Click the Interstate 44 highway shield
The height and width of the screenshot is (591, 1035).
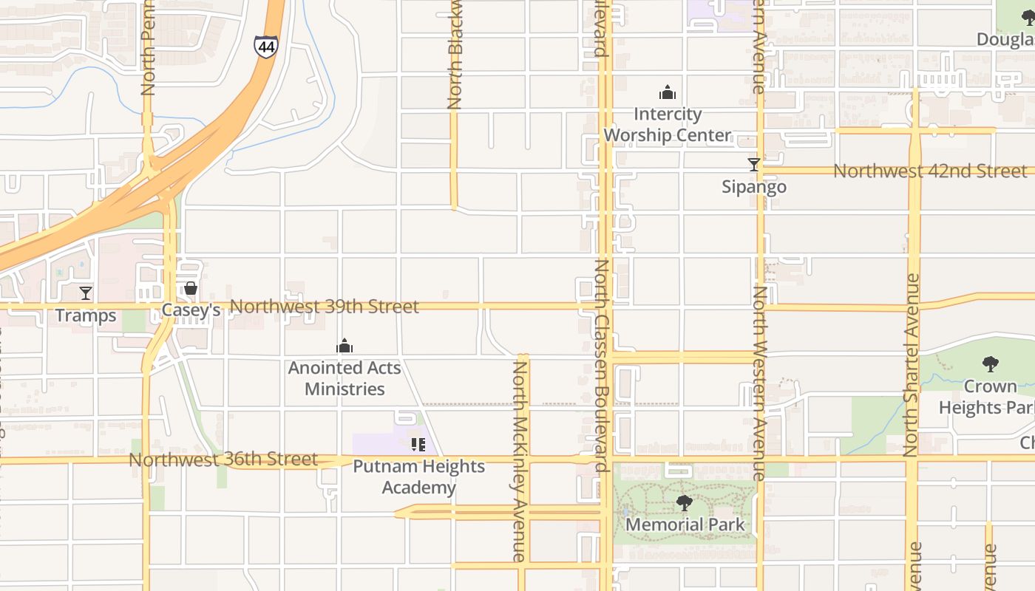tap(265, 47)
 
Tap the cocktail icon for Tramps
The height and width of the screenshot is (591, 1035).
tap(86, 293)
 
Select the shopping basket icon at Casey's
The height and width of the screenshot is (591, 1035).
tap(191, 288)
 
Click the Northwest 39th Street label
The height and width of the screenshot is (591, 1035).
tap(325, 307)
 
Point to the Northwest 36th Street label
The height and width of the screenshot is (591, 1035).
tap(223, 460)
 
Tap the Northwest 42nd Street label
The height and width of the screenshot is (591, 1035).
tap(930, 171)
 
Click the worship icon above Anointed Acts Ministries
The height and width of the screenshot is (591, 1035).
tap(345, 346)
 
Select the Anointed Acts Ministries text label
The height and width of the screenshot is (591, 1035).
tap(345, 378)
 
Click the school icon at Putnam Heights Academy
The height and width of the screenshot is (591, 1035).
tap(418, 445)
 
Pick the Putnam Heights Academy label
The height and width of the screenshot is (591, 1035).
tap(418, 477)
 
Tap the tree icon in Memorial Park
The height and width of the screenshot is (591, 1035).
tap(684, 503)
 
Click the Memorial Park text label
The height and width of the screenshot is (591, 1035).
tap(685, 525)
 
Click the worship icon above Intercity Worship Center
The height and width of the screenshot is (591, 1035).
tap(668, 92)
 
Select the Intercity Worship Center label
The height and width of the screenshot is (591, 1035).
tap(668, 125)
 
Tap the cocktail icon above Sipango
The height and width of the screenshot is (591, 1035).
tap(754, 165)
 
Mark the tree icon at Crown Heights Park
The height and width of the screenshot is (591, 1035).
tap(990, 363)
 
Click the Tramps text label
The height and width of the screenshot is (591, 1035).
tap(86, 316)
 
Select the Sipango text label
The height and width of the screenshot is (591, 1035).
tap(754, 187)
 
